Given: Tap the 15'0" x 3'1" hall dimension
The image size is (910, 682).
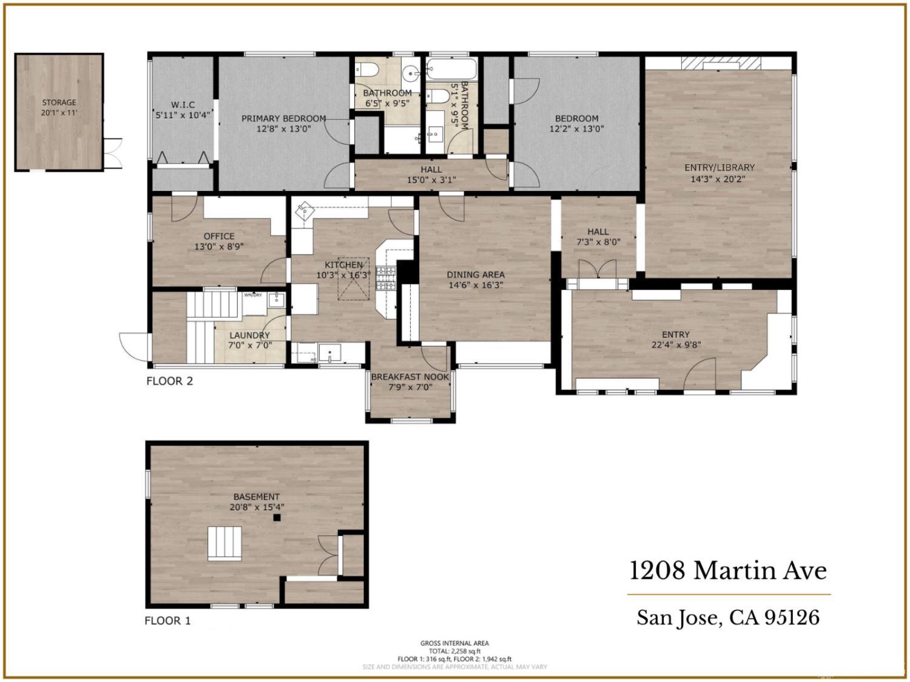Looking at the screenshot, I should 431,179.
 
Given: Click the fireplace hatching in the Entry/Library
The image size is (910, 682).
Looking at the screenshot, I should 720,62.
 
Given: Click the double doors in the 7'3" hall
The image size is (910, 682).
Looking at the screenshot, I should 598,270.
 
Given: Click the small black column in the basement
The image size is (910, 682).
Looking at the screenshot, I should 277,517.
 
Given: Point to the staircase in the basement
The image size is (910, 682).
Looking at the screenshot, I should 225,544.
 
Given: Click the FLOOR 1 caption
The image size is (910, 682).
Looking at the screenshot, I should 167,621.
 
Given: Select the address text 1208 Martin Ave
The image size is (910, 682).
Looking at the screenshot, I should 728,571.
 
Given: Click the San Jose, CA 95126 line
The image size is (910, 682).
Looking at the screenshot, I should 728,618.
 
